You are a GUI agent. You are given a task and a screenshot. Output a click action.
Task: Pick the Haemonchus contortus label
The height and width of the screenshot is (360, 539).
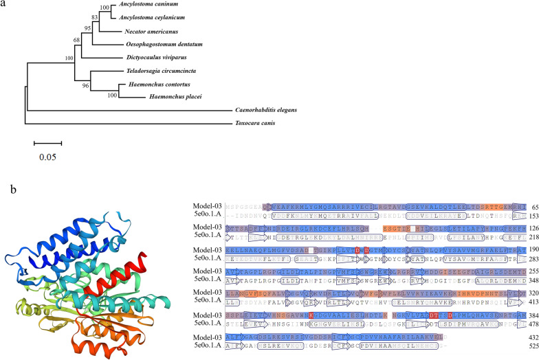[155, 83]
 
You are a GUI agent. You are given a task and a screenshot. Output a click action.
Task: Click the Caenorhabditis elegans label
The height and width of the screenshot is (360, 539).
[274, 110]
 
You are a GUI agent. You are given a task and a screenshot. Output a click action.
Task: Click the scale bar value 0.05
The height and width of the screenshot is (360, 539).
[48, 158]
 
